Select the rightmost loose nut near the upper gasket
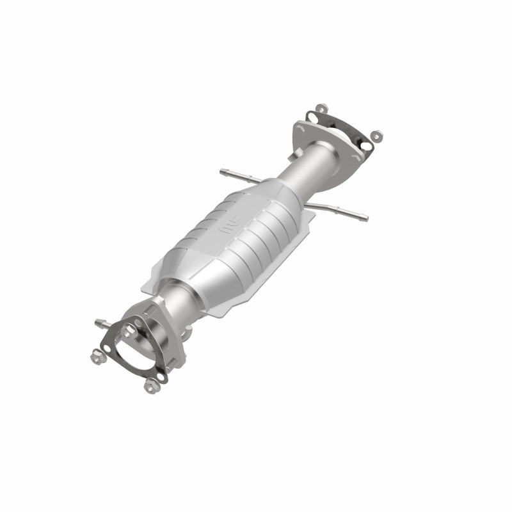pyautogui.click(x=376, y=136)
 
